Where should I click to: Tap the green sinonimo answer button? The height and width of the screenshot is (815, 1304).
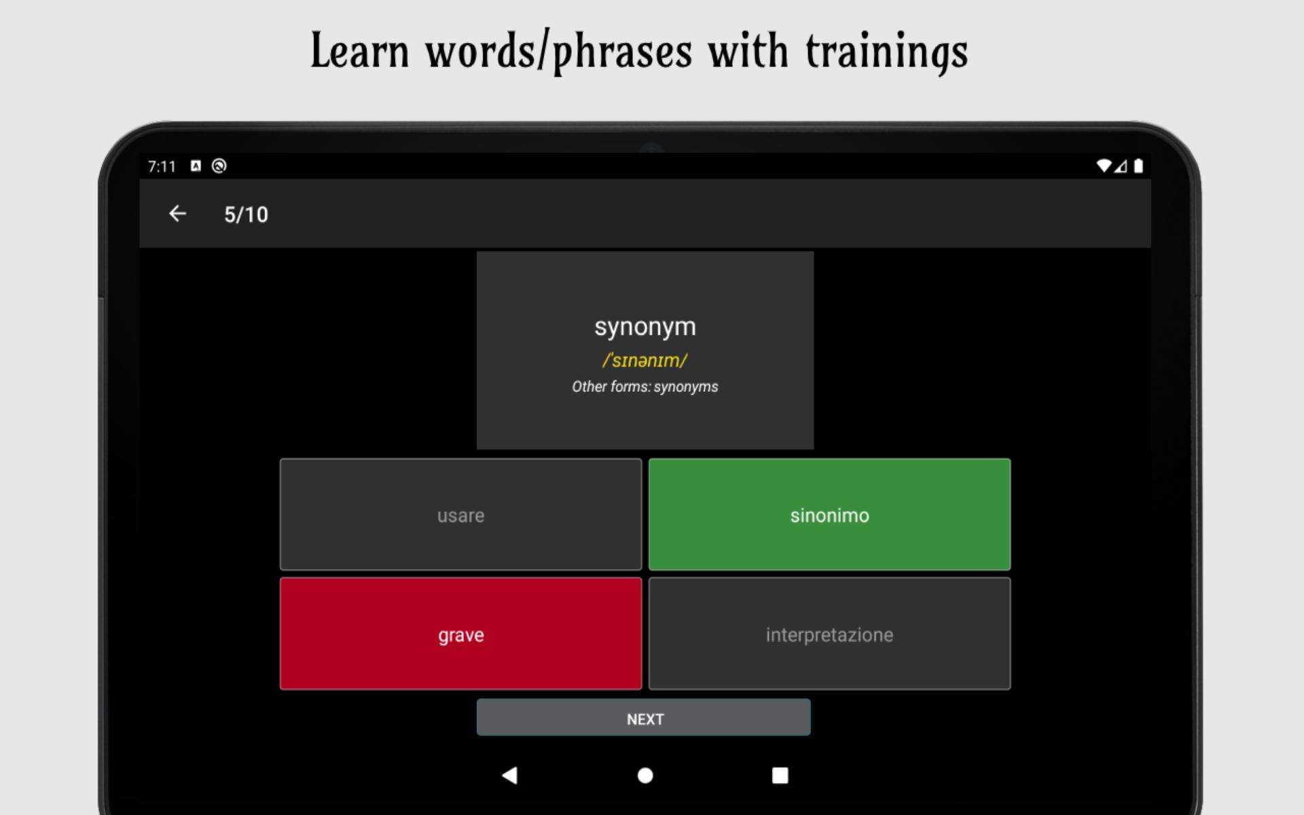(x=829, y=514)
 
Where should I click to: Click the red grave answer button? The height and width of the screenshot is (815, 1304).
(x=460, y=634)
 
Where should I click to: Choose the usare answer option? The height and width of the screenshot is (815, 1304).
(x=460, y=514)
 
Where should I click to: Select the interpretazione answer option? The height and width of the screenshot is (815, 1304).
(x=829, y=634)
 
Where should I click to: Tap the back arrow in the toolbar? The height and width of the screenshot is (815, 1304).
(x=177, y=213)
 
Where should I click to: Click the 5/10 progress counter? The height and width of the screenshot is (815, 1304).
(x=246, y=215)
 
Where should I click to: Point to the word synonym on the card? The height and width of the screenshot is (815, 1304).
(x=645, y=327)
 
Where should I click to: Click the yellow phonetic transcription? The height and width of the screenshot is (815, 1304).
(x=645, y=360)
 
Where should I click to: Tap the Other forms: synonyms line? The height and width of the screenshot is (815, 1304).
(x=645, y=386)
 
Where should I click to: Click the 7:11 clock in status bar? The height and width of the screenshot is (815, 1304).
(x=162, y=166)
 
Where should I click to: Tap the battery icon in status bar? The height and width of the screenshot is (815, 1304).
(x=1138, y=166)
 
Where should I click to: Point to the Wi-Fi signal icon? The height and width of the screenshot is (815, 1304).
(x=1104, y=166)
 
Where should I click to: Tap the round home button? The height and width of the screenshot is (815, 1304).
(x=645, y=775)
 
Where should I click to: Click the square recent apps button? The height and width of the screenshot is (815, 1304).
(x=780, y=775)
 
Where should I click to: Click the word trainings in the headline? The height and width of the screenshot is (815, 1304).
(x=886, y=52)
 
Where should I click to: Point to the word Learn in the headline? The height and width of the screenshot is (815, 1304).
(x=360, y=52)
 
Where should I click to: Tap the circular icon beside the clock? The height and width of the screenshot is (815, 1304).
(x=219, y=166)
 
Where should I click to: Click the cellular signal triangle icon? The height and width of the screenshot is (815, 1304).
(x=1121, y=166)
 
